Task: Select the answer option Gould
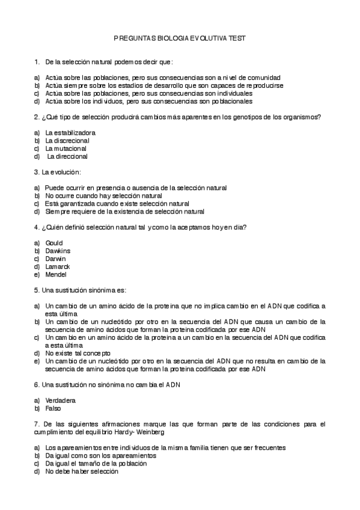53,242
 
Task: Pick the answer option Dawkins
58,250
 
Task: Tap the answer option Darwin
55,258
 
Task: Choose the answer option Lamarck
58,266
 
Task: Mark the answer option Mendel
56,274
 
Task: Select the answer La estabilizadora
70,132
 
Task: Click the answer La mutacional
66,148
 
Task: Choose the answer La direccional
67,156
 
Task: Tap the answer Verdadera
60,400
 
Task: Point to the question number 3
37,172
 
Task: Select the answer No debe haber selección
82,472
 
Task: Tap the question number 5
37,290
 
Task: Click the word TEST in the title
237,38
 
